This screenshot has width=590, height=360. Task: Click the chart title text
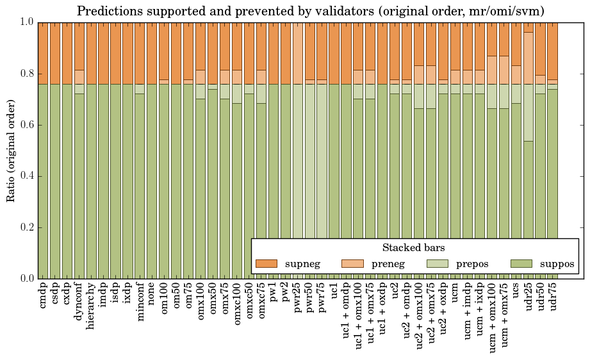(311, 11)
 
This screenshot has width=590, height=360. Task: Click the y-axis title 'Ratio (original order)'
(11, 150)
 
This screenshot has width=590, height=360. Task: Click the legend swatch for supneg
(266, 263)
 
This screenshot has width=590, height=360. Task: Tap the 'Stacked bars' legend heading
(413, 248)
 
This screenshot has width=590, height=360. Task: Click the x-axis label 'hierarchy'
(92, 304)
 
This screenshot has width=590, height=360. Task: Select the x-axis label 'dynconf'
(79, 302)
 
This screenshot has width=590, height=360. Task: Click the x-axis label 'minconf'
(140, 302)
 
